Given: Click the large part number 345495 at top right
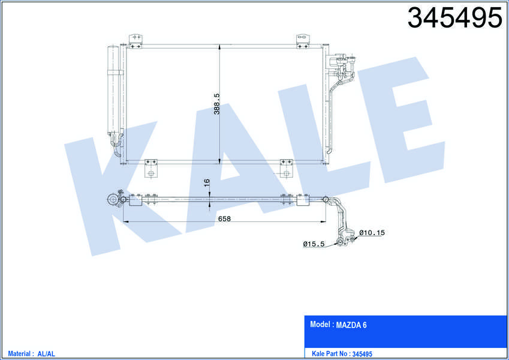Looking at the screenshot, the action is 454,18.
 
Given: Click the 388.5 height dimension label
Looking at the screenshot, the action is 217,104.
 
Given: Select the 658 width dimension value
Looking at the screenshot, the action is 224,218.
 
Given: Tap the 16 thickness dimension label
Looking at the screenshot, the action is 206,183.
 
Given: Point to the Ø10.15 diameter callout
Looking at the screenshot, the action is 372,233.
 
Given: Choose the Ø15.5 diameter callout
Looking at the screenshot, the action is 314,244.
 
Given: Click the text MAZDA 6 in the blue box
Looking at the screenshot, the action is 351,325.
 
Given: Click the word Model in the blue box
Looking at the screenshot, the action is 320,324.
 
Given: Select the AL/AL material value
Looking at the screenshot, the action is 46,354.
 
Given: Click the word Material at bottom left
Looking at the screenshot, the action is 19,353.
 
